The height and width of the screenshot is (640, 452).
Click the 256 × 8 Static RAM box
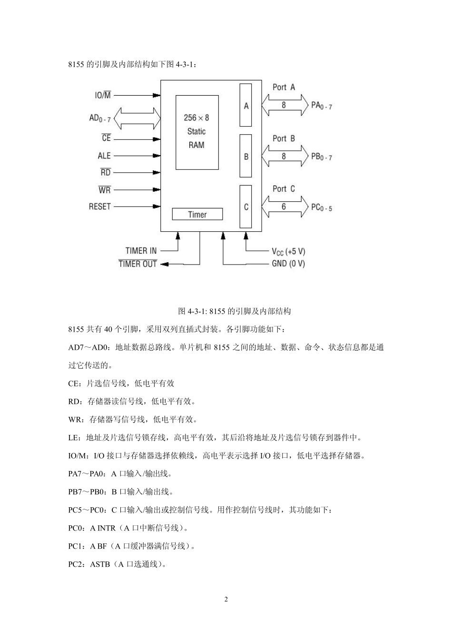click(197, 132)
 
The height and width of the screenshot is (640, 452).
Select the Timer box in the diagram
click(197, 214)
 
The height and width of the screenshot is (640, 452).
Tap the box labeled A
click(246, 106)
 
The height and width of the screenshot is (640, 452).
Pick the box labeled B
click(246, 156)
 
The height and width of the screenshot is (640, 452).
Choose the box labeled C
click(246, 207)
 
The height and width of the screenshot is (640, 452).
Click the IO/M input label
click(103, 95)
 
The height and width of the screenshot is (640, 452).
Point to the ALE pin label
click(104, 156)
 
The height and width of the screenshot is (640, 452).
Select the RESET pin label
click(100, 207)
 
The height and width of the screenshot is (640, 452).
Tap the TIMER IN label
click(141, 251)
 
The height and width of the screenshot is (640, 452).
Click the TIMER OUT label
click(138, 264)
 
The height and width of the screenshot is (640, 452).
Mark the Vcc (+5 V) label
click(288, 251)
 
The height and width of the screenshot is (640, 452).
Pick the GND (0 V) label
click(288, 264)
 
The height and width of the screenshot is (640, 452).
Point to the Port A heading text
click(284, 87)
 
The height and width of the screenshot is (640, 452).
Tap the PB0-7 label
click(322, 156)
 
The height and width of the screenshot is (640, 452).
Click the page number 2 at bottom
click(226, 599)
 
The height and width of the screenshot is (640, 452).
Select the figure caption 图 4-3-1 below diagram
click(234, 311)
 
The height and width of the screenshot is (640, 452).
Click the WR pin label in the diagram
click(105, 190)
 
